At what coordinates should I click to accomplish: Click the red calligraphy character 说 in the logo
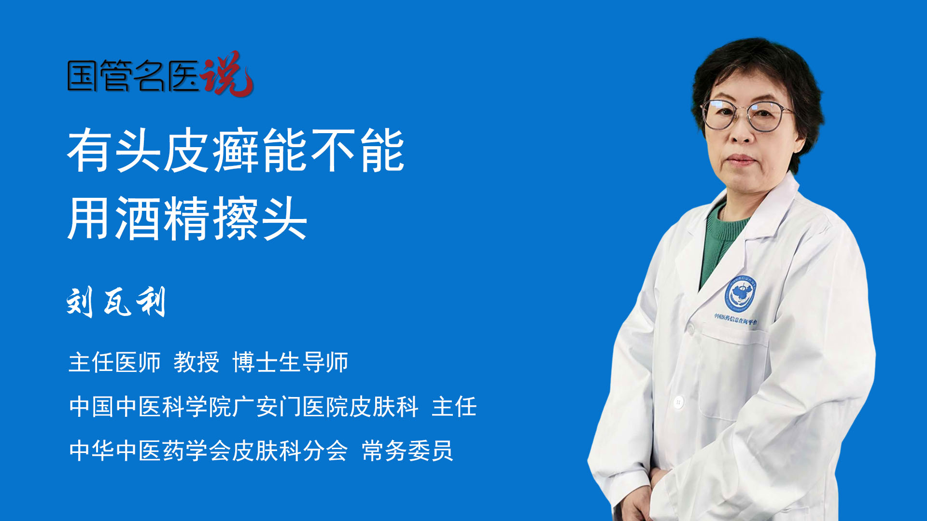pos(227,74)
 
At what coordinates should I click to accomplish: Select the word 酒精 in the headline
pos(163,219)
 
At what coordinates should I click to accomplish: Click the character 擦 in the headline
pos(236,219)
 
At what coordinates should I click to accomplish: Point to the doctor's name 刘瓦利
pos(116,302)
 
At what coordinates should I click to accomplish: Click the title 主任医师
pos(114,362)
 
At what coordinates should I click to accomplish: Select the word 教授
pos(197,362)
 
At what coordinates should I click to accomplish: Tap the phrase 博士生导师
pos(290,362)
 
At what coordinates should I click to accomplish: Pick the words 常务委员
pos(407,451)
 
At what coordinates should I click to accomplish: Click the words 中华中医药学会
pos(150,451)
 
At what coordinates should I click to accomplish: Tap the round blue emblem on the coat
pos(740,293)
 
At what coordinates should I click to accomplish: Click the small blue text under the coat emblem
pos(736,319)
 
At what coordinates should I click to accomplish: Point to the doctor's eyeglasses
pos(747,115)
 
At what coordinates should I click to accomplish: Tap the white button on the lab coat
pos(678,401)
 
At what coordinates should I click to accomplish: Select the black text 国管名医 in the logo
pos(133,76)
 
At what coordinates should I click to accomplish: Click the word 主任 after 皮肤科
pos(454,407)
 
